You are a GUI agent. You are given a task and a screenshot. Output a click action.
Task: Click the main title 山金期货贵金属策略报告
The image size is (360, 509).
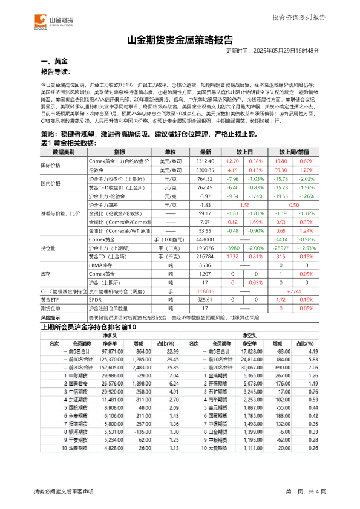pos(180,41)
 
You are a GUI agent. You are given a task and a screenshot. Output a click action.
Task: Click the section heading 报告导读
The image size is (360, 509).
pos(54,72)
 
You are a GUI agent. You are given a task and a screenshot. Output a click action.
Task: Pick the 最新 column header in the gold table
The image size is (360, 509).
pos(206,152)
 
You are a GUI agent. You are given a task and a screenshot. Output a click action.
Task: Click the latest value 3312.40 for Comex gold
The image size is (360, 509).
pos(206,161)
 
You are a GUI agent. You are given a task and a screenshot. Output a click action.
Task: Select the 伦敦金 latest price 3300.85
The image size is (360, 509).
pos(206,170)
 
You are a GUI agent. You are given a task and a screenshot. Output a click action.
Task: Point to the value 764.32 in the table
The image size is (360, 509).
pos(206,179)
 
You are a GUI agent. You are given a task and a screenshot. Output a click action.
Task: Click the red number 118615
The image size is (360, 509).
pos(206,291)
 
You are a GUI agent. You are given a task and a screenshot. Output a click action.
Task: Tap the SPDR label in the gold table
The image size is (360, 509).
pos(95,299)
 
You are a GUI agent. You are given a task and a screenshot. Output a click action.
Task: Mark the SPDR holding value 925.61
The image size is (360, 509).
pos(206,299)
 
